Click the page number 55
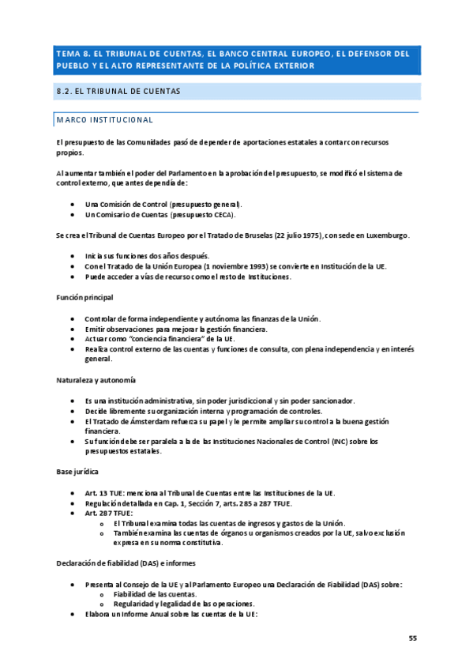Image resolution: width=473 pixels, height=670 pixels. click(x=412, y=638)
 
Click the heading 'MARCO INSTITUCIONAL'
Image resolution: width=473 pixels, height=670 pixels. click(x=104, y=119)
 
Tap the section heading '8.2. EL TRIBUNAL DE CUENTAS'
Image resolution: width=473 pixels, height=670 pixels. click(x=118, y=92)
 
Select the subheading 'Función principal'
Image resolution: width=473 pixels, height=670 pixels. click(x=84, y=297)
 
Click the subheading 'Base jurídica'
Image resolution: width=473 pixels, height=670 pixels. click(x=77, y=472)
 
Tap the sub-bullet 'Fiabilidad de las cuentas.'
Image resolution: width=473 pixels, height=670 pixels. click(x=156, y=594)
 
